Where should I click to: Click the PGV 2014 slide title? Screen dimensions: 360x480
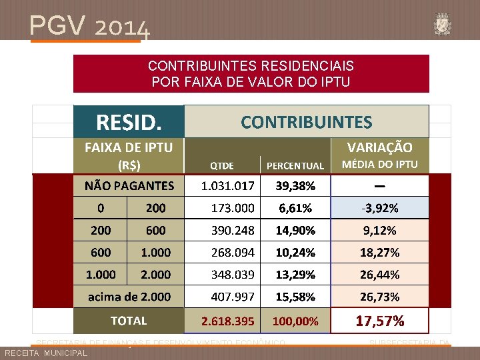click(x=89, y=26)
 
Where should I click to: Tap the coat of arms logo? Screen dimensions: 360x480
click(x=442, y=23)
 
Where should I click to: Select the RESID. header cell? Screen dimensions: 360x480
click(x=129, y=121)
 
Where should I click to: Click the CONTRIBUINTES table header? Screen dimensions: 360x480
click(x=306, y=121)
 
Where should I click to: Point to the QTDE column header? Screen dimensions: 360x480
click(x=222, y=165)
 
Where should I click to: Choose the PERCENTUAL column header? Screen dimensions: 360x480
click(x=295, y=165)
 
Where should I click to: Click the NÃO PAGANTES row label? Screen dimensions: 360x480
click(x=129, y=185)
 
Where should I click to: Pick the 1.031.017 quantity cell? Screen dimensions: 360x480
click(x=228, y=185)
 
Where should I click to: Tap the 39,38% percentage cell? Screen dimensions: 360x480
click(x=295, y=185)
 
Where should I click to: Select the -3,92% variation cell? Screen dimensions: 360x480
click(x=380, y=207)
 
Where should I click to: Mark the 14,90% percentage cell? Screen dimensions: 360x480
click(x=295, y=230)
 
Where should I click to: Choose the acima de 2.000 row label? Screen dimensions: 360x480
click(x=129, y=296)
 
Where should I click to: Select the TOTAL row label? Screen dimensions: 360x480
click(x=129, y=321)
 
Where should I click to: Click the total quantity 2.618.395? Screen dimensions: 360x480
click(x=228, y=321)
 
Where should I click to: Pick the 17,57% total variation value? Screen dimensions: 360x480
click(x=380, y=321)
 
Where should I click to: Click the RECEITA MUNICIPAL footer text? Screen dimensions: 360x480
click(x=45, y=353)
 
